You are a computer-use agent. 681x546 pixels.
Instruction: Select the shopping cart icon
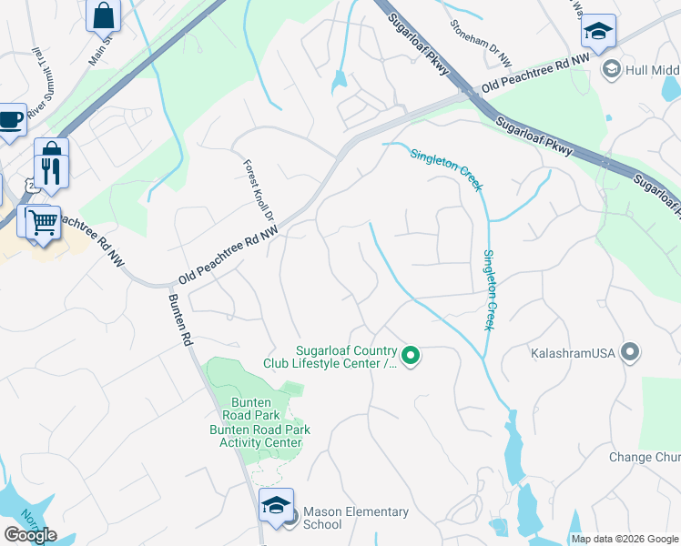coord(41,222)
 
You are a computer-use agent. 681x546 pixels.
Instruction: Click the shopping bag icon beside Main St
coord(103,14)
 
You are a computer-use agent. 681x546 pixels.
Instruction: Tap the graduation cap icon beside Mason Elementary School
coord(275,506)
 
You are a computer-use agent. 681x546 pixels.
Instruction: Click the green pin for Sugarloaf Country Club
coord(411,356)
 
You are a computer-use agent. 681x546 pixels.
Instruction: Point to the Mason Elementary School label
coord(355,518)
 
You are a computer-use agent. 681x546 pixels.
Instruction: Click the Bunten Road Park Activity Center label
coord(259,436)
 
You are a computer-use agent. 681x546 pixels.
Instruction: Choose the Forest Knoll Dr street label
coord(258,192)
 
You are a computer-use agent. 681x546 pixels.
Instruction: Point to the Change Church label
coord(644,457)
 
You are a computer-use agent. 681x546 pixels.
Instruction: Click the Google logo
coord(30,535)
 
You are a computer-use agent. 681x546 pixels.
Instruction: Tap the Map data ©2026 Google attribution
coord(625,539)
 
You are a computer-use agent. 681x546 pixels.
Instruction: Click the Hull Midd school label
coord(653,69)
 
